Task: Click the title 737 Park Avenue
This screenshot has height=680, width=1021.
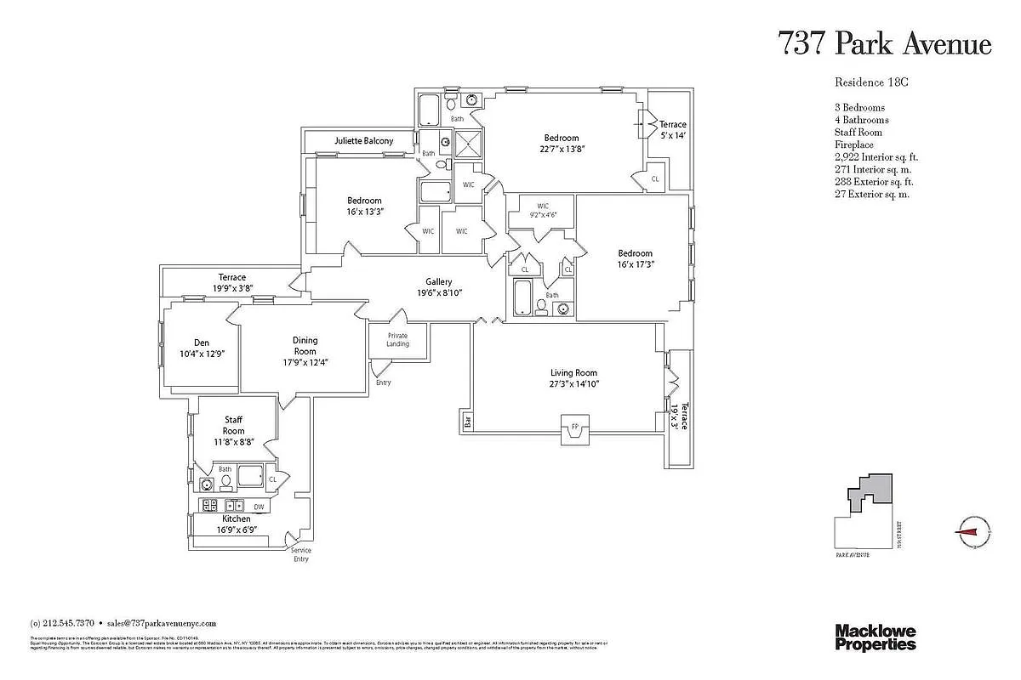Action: (885, 43)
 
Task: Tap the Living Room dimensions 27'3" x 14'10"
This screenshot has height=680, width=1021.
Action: (574, 384)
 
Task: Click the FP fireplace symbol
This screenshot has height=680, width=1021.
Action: (574, 426)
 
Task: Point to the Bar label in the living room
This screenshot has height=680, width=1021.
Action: (467, 420)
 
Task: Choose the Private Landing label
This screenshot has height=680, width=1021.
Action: (397, 339)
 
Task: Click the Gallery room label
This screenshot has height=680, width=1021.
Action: (439, 282)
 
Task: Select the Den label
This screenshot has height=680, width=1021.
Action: (202, 343)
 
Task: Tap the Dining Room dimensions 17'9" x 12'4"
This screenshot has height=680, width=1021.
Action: (305, 362)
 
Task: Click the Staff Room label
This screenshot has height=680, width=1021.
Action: (233, 425)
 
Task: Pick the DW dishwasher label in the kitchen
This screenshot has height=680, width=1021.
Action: (259, 507)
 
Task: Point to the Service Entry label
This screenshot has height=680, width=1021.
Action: (301, 554)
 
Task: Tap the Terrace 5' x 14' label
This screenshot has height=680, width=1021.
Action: (672, 129)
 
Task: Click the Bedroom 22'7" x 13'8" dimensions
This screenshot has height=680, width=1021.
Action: (562, 149)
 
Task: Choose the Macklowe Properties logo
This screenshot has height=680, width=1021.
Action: (875, 637)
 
